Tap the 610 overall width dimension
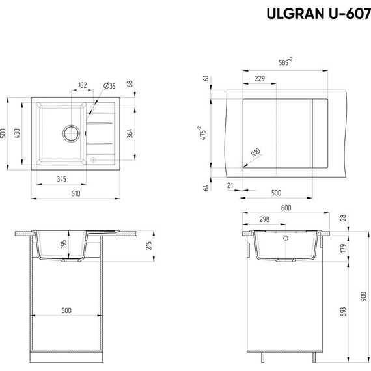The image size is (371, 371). pos(76,194)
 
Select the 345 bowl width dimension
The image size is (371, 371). pos(61,178)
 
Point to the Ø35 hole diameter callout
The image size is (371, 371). pos(109,86)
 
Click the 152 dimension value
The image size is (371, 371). pos(83,85)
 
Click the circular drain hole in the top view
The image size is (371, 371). pos(70,133)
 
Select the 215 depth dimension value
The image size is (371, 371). pos(149,245)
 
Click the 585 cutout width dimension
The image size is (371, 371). pos(285,62)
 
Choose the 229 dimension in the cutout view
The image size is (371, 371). pos(259,79)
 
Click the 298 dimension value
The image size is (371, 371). pos(264,220)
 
